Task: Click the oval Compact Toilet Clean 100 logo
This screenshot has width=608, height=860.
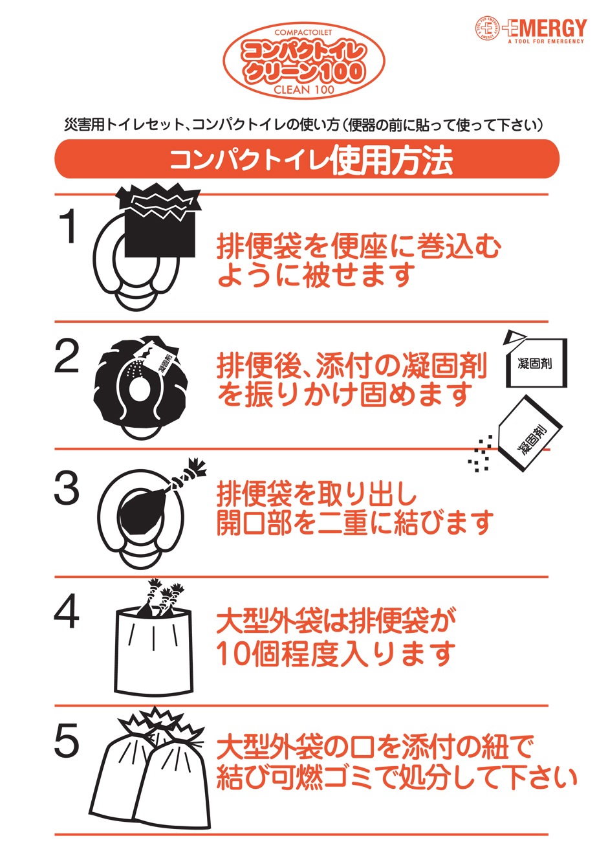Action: click(304, 61)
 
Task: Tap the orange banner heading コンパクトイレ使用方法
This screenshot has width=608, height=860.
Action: click(307, 159)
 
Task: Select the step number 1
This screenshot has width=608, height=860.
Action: click(67, 227)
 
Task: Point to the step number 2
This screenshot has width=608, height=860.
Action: click(67, 357)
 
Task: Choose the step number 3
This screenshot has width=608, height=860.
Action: click(67, 489)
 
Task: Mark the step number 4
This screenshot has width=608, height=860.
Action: click(67, 612)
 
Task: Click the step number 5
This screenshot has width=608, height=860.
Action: click(67, 741)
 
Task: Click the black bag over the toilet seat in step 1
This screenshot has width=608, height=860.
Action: click(160, 223)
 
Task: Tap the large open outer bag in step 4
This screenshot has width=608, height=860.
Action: click(153, 650)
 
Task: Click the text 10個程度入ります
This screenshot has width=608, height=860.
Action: click(336, 654)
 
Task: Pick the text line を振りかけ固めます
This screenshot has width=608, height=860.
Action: click(345, 395)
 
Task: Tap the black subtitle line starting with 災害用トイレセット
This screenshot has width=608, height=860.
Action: click(303, 124)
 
